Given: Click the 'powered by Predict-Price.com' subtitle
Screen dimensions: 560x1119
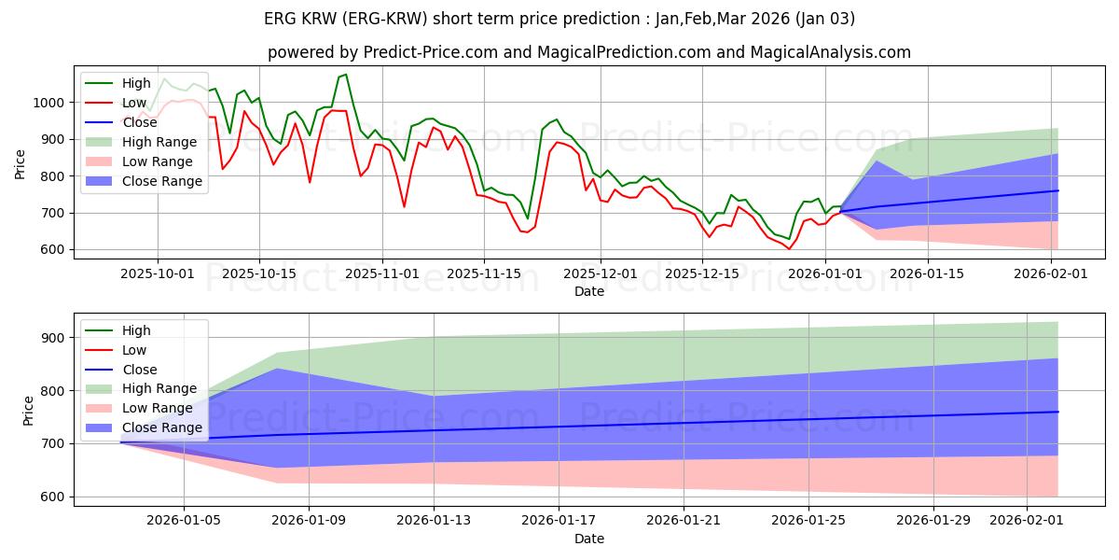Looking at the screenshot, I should [588, 52].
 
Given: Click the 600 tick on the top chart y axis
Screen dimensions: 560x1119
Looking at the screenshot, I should [52, 250].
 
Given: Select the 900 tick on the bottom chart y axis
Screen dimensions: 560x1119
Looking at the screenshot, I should [52, 338].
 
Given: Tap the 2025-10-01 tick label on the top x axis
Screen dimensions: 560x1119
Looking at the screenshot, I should [158, 273].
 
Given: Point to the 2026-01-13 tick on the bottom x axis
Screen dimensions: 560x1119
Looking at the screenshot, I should [434, 520].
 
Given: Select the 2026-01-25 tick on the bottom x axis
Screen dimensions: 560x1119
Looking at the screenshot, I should [808, 520].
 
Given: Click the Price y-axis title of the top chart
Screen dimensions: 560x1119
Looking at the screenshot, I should [21, 162].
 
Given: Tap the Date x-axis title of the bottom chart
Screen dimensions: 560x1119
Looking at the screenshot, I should [588, 539].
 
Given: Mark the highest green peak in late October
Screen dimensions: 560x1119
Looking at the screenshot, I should [346, 75].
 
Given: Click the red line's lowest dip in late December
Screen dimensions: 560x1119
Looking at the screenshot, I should [789, 249].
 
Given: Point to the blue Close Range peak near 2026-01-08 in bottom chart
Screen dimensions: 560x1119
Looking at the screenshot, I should [277, 369].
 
